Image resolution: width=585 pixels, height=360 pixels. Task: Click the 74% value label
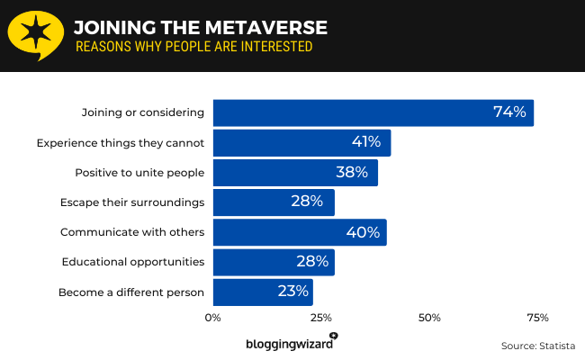509,112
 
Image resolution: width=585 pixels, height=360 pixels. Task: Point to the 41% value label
366,142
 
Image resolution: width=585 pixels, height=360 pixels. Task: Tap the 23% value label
292,292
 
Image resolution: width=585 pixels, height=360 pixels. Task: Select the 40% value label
363,231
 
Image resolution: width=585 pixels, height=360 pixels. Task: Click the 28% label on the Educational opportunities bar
312,262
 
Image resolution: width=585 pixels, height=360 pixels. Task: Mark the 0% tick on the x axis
213,318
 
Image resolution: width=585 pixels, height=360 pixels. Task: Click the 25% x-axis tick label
321,318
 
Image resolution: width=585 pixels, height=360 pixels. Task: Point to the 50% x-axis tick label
429,318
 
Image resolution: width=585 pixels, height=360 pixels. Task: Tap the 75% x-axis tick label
537,318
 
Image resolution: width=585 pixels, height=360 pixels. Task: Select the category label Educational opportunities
133,262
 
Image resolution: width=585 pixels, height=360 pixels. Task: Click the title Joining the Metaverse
200,27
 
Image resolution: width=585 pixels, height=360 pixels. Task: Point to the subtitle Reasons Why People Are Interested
193,47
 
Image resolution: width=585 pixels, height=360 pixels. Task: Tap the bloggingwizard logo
291,343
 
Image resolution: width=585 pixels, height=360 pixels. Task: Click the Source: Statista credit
537,346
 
